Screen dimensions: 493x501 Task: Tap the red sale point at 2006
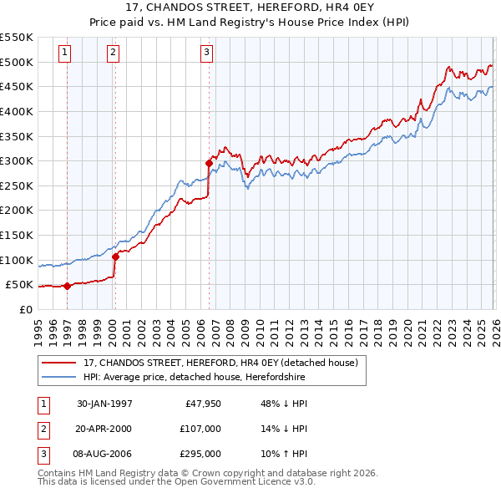(x=209, y=164)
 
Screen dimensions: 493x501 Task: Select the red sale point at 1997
(x=67, y=286)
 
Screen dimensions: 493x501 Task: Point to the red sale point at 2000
(x=115, y=257)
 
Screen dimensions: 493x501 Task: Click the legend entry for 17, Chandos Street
(x=220, y=363)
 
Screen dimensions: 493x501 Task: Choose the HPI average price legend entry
(x=195, y=378)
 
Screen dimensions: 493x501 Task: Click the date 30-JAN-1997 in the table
(x=104, y=404)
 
